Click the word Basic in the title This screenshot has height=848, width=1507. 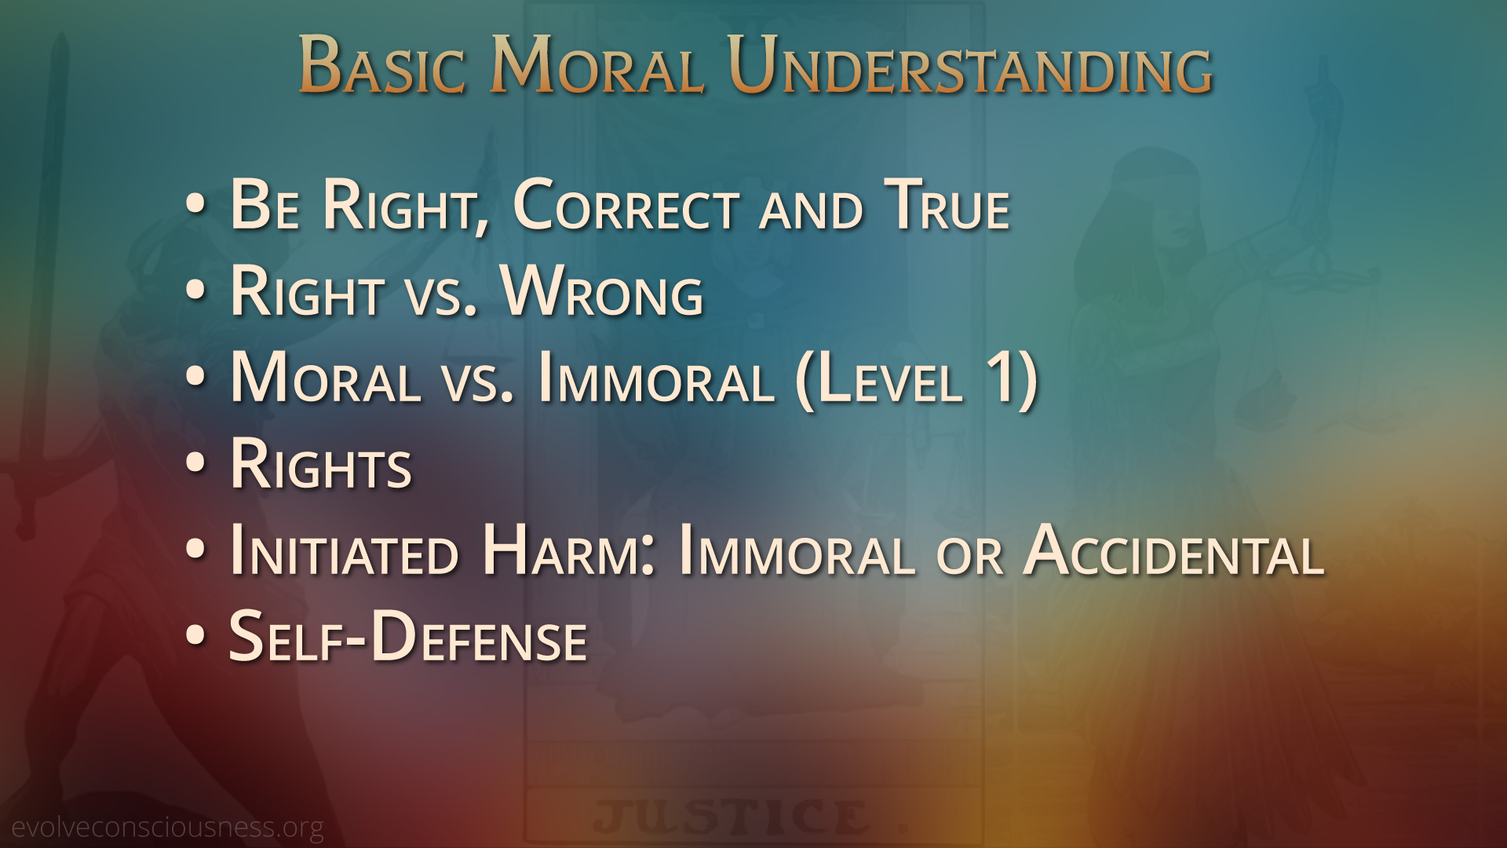click(382, 66)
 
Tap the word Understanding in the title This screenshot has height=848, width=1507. click(970, 66)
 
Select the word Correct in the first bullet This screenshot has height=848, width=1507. click(626, 206)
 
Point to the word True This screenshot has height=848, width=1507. click(947, 206)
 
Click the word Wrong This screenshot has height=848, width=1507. click(602, 292)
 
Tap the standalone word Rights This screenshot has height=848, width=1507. click(321, 465)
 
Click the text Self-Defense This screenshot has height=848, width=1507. click(408, 637)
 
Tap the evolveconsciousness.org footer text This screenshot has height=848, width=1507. click(167, 828)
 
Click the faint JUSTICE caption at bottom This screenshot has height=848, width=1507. click(731, 817)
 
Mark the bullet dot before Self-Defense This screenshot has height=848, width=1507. click(195, 636)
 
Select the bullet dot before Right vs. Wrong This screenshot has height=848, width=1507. click(195, 291)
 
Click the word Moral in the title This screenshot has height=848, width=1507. click(597, 66)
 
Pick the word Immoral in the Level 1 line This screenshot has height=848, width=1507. click(656, 378)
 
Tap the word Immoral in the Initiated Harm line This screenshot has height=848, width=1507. click(797, 551)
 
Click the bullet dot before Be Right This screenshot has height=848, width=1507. click(195, 204)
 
